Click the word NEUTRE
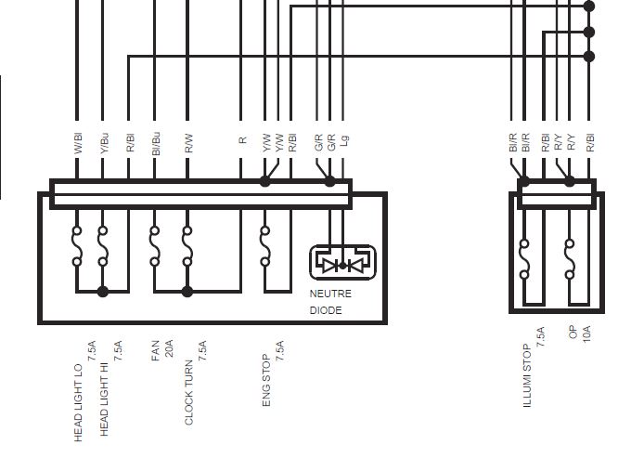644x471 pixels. click(x=330, y=294)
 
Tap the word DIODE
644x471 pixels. click(x=326, y=310)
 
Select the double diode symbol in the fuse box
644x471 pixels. click(x=342, y=265)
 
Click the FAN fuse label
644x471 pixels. click(x=156, y=351)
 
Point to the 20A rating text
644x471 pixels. click(x=169, y=348)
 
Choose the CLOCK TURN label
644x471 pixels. click(x=189, y=392)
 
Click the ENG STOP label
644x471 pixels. click(x=267, y=380)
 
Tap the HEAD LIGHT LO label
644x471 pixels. click(x=79, y=400)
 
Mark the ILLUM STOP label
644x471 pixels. click(x=527, y=376)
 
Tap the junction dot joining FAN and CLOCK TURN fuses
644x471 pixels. click(x=187, y=292)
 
